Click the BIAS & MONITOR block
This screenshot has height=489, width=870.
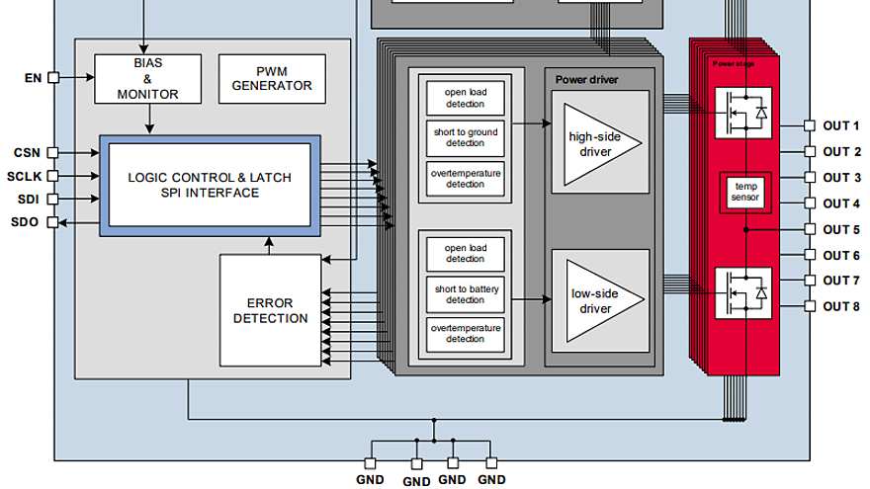pos(147,79)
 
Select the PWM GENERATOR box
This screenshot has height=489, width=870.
pos(272,79)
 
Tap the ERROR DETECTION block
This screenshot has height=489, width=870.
pos(270,310)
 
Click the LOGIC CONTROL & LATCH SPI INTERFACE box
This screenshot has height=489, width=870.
pos(210,185)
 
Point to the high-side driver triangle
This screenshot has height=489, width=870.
pos(599,144)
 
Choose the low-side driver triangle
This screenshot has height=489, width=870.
pos(601,301)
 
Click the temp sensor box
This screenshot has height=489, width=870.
pos(745,192)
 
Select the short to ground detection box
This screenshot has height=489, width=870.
pos(466,138)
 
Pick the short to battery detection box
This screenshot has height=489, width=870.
pos(466,294)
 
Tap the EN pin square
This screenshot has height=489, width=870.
pos(53,78)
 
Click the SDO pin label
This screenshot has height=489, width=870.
pos(25,222)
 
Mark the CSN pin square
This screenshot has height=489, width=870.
pos(52,152)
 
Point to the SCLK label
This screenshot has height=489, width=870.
pos(25,177)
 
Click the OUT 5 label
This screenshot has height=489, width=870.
pos(841,229)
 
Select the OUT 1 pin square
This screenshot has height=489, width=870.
pos(810,125)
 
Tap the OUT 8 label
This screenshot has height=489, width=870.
pos(841,306)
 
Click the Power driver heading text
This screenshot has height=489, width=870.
pos(586,80)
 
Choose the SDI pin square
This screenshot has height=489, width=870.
pos(52,199)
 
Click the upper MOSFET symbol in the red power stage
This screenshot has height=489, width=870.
pos(742,113)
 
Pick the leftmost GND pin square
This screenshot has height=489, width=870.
pos(370,463)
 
